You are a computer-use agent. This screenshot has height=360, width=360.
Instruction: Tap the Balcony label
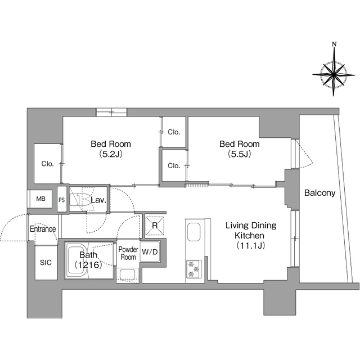319,193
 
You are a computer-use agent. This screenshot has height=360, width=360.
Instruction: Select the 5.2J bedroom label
111,148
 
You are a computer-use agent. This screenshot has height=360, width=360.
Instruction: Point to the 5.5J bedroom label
239,148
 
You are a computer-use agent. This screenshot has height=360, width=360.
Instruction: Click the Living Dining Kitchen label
251,236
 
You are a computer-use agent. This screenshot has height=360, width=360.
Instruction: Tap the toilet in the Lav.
81,199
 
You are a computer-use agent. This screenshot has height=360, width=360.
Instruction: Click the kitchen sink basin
193,232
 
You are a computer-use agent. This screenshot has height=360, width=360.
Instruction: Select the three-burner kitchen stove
193,269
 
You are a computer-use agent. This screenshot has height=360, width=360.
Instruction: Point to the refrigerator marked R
155,226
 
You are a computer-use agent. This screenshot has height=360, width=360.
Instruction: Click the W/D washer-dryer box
150,252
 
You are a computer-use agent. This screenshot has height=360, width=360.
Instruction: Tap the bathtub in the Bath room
77,260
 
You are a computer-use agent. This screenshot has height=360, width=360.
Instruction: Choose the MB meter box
40,199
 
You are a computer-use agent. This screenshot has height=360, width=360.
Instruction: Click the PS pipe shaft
62,199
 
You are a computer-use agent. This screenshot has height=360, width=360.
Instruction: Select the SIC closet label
46,263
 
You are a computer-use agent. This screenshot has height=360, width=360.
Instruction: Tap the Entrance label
43,229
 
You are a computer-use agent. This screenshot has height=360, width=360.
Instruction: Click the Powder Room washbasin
128,274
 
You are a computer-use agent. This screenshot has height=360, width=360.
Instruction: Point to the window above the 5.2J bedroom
111,112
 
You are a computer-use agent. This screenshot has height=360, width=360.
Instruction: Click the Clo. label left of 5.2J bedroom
47,164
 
